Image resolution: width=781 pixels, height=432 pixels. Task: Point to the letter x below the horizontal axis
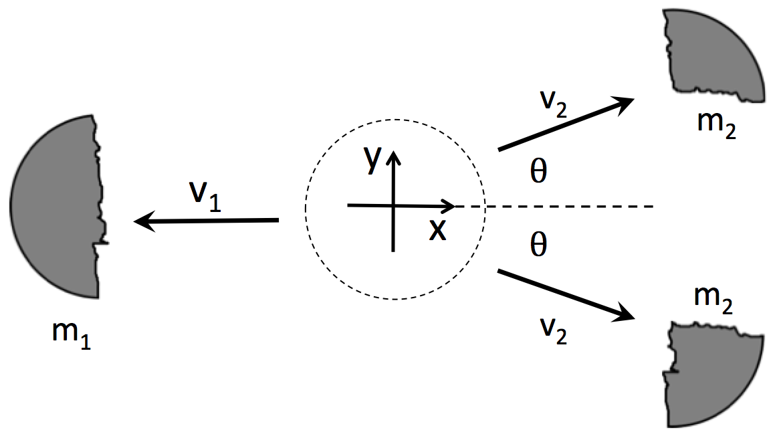coord(437,229)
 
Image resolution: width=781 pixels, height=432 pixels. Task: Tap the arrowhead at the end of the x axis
coord(450,206)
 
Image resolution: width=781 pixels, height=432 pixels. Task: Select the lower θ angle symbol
coord(538,246)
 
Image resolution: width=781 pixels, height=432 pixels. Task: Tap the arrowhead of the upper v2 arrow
coord(626,102)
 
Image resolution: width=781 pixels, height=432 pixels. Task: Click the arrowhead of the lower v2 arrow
coord(626,314)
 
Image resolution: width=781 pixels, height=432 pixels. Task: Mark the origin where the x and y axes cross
coord(393,206)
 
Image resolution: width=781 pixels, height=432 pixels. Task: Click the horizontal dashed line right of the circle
coord(568,207)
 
